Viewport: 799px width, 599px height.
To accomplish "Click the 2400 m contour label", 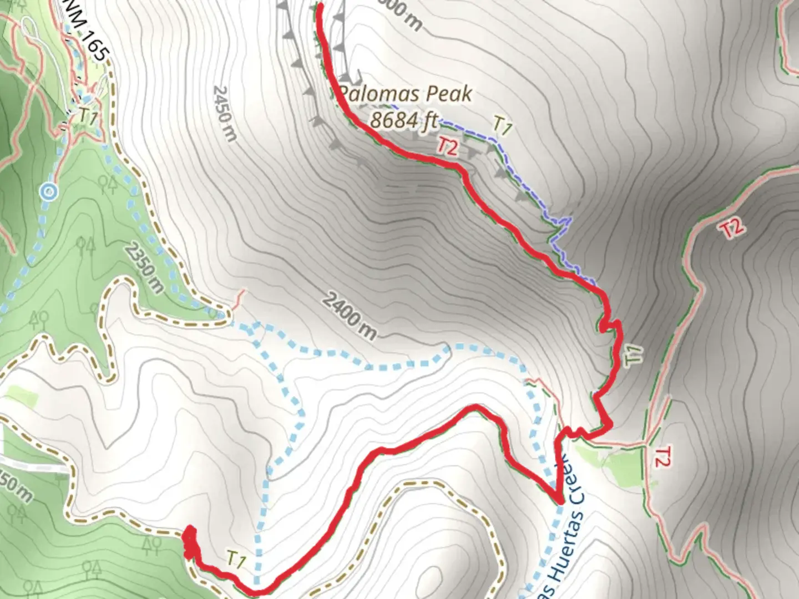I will coord(349,317).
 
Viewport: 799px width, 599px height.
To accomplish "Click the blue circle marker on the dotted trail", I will coord(49,192).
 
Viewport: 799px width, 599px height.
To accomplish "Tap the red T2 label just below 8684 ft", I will coord(448,146).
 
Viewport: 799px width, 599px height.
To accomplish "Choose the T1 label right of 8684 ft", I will coord(502,126).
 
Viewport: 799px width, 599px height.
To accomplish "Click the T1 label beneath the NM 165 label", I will coord(88,116).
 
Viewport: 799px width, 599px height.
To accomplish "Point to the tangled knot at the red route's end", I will coord(190,540).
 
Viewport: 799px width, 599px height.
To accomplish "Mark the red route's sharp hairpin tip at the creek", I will coord(558,501).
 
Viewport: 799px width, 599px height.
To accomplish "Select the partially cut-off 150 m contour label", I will coord(14,486).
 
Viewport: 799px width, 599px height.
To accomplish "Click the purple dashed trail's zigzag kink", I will coord(564,225).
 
